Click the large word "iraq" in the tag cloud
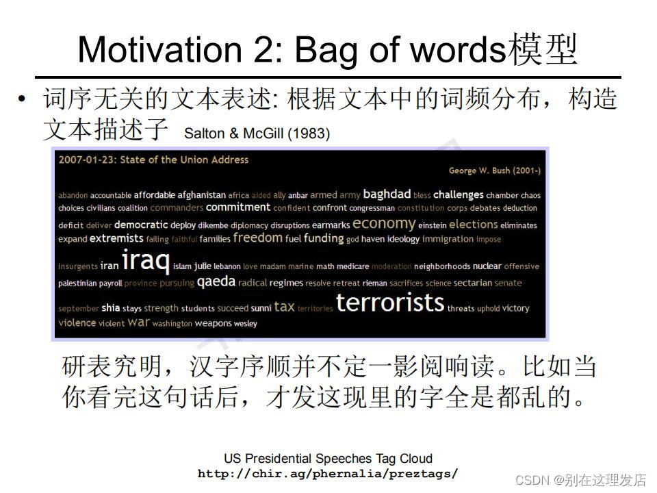[x=145, y=262]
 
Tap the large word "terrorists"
[x=390, y=303]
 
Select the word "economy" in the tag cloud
[x=384, y=223]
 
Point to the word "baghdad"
[x=387, y=194]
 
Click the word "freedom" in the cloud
[x=257, y=238]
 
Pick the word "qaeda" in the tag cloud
[x=216, y=281]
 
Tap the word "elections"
[x=473, y=224]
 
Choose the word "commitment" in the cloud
[x=238, y=207]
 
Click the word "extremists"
[x=116, y=239]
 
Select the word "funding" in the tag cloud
[x=323, y=238]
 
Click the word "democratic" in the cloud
[x=140, y=225]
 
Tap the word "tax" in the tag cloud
[x=284, y=307]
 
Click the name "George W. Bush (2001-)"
[x=494, y=170]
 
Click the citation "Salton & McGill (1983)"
[x=257, y=134]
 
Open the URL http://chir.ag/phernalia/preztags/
[x=328, y=473]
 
